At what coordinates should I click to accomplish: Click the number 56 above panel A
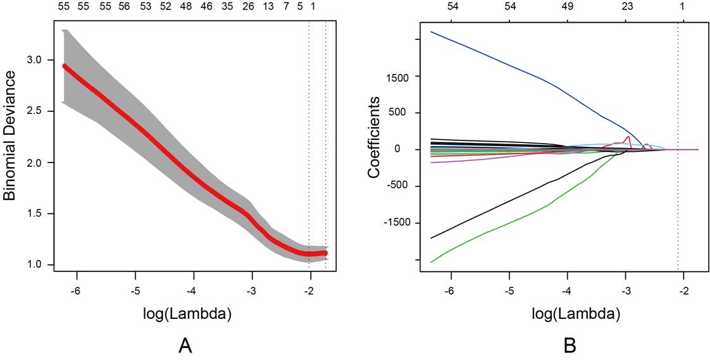point(124,6)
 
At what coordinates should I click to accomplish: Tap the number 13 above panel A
point(268,6)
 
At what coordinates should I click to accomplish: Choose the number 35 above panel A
point(227,6)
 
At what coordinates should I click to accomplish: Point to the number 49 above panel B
point(568,6)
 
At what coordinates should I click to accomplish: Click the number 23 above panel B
point(626,6)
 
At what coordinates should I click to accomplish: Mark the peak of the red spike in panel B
point(628,136)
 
